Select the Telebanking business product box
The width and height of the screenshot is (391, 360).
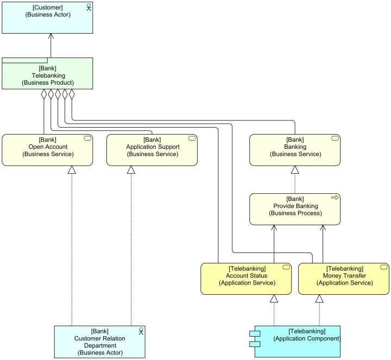coord(47,75)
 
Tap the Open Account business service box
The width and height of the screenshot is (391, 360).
coord(47,150)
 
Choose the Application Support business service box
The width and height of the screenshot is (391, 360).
coord(152,150)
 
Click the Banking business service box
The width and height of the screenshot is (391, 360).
coord(295,150)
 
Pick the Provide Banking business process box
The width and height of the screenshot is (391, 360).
coord(295,209)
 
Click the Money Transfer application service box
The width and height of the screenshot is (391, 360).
coord(344,279)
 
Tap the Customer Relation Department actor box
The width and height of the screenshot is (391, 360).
coord(100,342)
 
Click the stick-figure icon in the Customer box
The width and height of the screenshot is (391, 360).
coord(88,7)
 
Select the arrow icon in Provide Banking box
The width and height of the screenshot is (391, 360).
coord(335,197)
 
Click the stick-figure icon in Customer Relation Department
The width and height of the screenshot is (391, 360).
coord(141,331)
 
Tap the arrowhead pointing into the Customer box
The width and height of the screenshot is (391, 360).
coord(51,36)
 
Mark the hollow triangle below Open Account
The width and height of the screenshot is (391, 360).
coord(72,170)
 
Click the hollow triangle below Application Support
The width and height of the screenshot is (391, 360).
coord(131,170)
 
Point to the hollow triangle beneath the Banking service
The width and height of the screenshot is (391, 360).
coord(295,170)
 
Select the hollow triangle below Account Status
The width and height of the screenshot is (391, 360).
coord(274,299)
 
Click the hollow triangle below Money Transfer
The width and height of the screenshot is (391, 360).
coord(319,299)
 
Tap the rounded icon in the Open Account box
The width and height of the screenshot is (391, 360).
coord(87,139)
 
